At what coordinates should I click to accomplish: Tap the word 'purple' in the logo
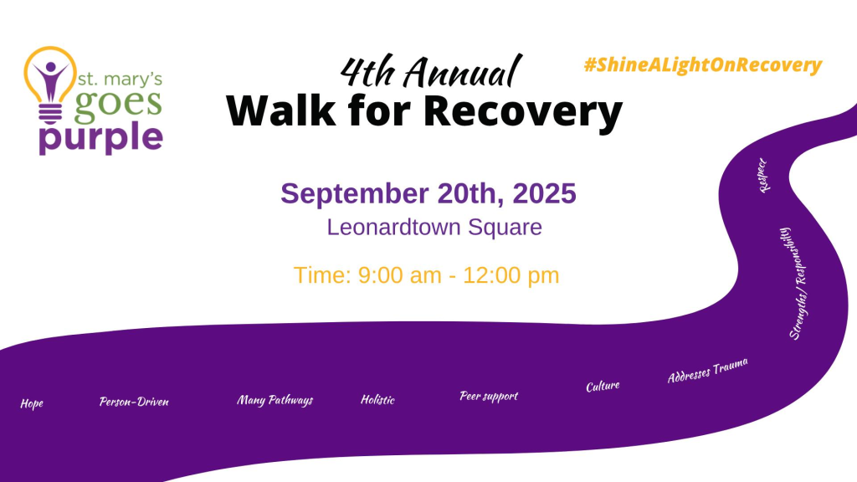[x=101, y=138]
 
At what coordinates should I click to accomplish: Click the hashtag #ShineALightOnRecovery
[x=703, y=65]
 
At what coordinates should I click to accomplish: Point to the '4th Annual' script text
[x=431, y=72]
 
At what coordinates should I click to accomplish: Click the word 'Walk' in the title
[x=281, y=110]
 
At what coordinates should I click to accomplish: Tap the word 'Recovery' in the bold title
[x=523, y=112]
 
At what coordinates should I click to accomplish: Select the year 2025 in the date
[x=544, y=193]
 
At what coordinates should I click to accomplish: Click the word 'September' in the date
[x=355, y=194]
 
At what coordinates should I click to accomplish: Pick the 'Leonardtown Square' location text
[x=434, y=228]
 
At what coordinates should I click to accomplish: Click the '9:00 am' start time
[x=399, y=274]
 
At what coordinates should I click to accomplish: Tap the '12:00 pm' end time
[x=511, y=275]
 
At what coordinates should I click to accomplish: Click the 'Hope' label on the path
[x=32, y=404]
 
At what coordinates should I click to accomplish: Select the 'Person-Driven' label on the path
[x=134, y=403]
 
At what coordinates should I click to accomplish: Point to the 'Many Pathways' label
[x=275, y=400]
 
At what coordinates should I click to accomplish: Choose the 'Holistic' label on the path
[x=377, y=400]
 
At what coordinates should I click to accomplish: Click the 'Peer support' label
[x=489, y=396]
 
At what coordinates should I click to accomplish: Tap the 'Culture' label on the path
[x=603, y=387]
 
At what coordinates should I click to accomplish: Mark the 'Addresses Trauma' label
[x=708, y=371]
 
